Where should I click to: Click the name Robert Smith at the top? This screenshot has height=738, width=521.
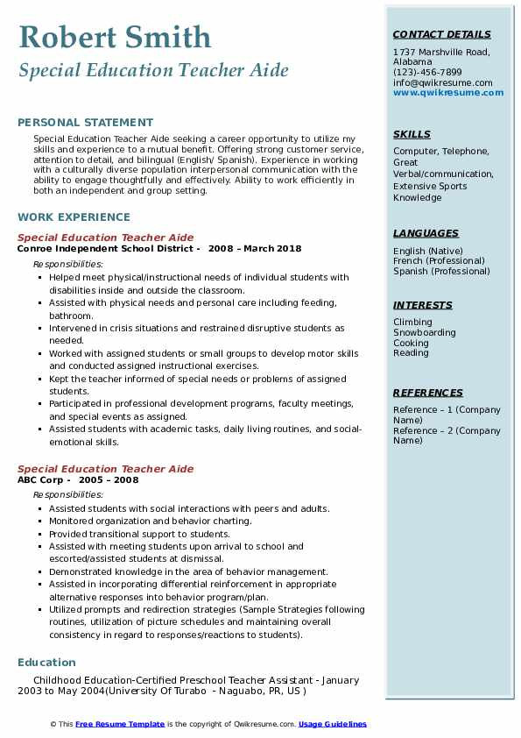[x=115, y=37]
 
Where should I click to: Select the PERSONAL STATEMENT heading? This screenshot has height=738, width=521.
[x=85, y=123]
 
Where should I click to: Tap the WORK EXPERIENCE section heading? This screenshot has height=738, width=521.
[x=74, y=216]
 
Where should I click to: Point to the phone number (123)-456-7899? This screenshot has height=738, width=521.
[x=427, y=73]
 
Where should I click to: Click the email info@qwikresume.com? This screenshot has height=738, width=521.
[x=442, y=83]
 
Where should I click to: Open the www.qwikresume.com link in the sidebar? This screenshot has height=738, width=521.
[x=442, y=93]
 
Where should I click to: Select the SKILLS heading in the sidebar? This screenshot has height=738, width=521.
[x=412, y=134]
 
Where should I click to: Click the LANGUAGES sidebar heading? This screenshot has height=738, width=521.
[x=426, y=233]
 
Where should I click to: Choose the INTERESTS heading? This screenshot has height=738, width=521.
[x=423, y=305]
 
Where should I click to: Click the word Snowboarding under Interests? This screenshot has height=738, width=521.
[x=425, y=333]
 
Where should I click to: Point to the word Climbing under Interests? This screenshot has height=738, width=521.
[x=412, y=323]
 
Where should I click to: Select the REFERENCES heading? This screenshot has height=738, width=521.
[x=428, y=393]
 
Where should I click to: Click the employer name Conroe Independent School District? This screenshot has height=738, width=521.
[x=109, y=248]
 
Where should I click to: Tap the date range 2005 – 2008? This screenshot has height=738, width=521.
[x=109, y=480]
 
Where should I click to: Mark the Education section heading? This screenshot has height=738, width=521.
[x=46, y=662]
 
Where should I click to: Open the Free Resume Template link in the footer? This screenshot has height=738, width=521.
[x=120, y=724]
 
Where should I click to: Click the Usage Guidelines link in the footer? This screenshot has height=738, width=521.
[x=332, y=724]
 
